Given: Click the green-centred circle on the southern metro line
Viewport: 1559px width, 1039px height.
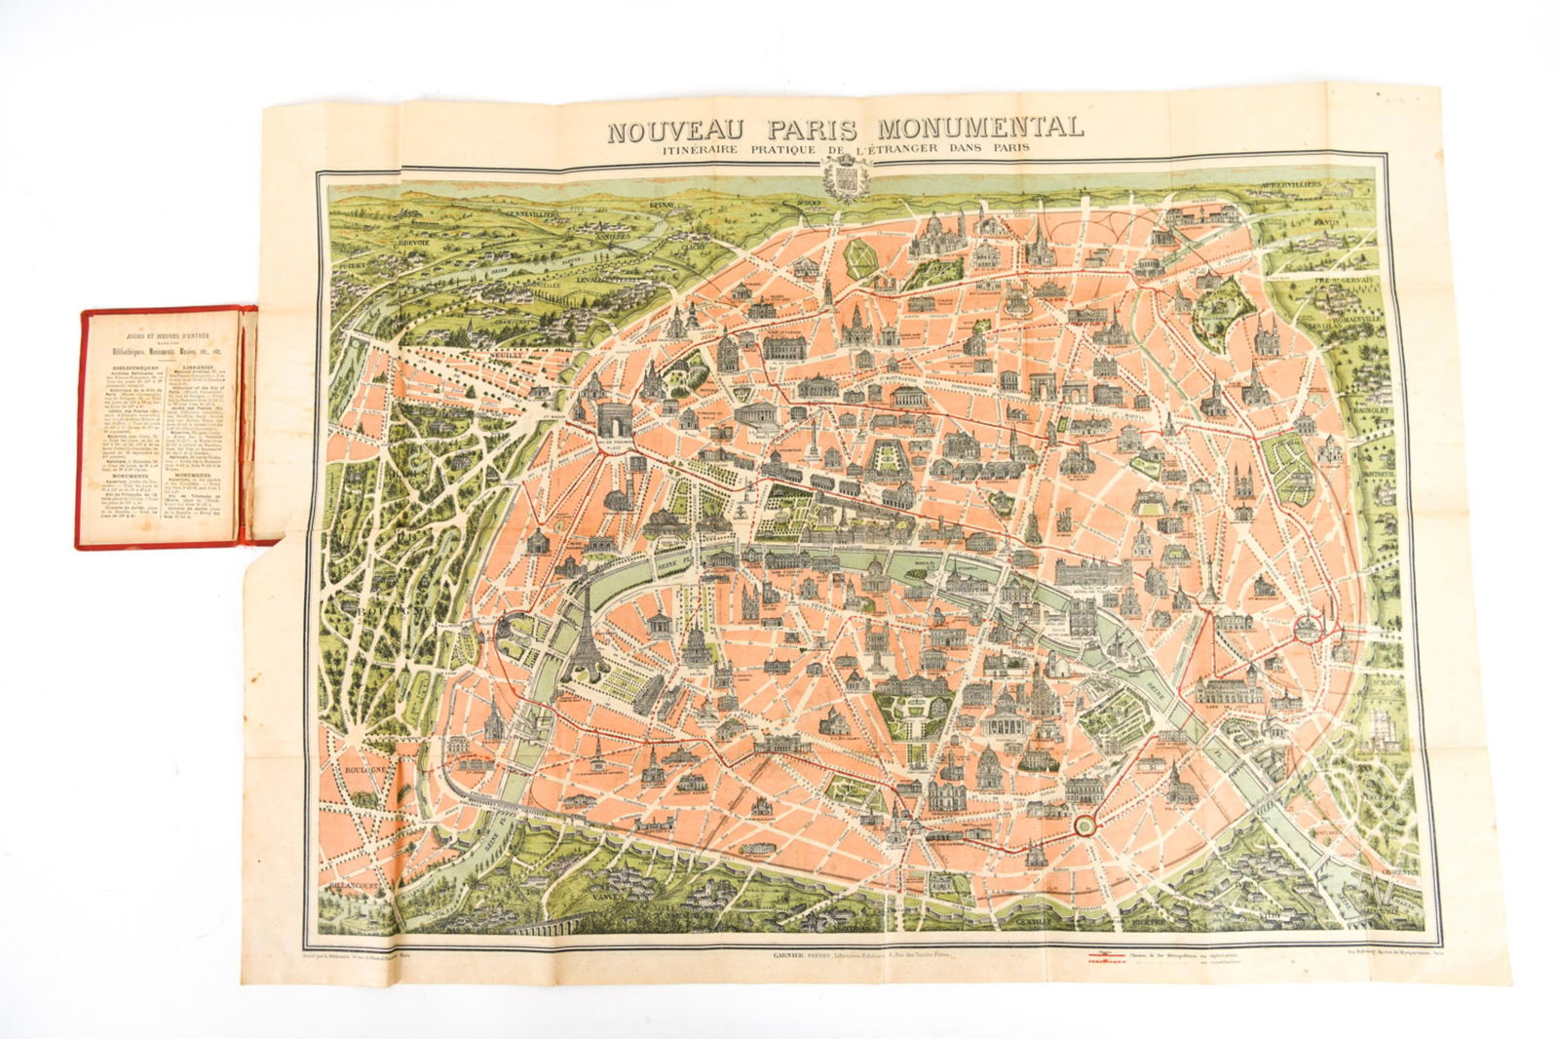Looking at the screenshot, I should [1083, 824].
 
